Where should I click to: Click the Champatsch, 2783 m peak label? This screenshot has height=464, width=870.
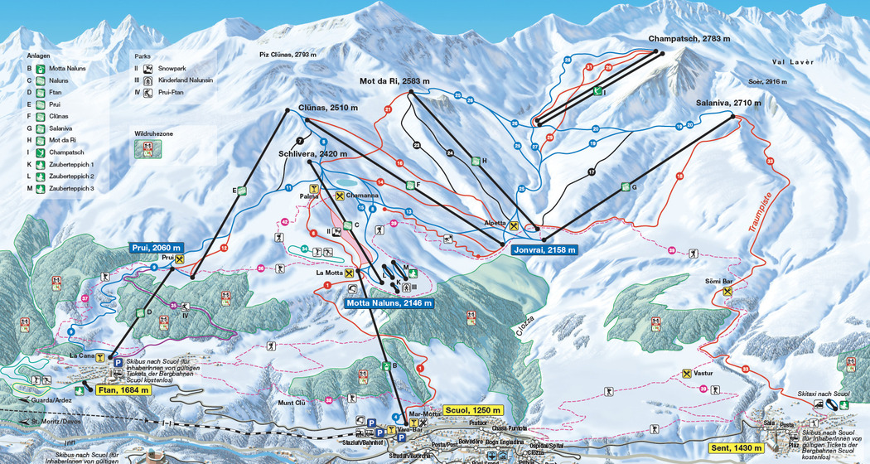point(689,39)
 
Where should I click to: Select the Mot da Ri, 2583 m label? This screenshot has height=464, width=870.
point(394,81)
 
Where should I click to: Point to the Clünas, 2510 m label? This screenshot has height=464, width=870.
point(328,109)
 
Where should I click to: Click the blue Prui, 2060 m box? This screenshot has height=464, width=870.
point(156,248)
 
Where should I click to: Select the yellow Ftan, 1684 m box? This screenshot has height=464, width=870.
point(123,390)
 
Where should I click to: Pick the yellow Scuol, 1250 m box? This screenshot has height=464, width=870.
point(473,410)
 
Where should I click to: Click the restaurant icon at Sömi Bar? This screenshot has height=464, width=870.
point(727,292)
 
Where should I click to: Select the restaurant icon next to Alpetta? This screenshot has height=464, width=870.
point(514,225)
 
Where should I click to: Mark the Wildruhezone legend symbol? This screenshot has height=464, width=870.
point(148,148)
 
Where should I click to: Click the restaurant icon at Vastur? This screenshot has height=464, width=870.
point(686,374)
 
